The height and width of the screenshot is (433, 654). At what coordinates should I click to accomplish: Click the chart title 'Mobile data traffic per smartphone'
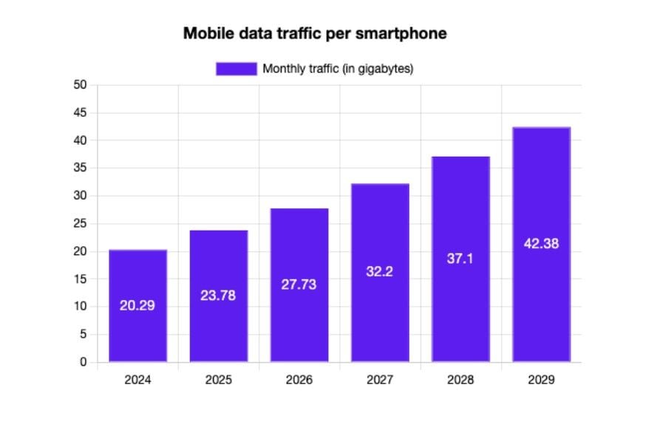315,34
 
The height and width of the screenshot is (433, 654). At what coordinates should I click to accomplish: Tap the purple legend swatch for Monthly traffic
236,69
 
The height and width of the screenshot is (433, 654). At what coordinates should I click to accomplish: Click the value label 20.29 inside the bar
137,305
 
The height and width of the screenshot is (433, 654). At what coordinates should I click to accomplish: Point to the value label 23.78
219,295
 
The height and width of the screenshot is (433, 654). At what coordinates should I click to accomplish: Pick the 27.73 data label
299,284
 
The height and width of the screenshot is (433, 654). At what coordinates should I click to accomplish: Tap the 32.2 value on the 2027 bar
380,272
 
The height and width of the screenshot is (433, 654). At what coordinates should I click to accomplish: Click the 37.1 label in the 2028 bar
460,259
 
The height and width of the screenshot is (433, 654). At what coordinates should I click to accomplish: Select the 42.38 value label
541,244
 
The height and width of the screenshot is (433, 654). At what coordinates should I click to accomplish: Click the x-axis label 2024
137,381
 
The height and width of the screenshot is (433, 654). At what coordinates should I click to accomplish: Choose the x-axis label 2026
299,381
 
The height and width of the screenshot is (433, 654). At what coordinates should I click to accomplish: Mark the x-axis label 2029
541,381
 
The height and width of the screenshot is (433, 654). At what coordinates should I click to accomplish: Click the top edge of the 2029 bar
541,128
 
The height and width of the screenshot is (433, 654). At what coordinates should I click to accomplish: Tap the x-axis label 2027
380,381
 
